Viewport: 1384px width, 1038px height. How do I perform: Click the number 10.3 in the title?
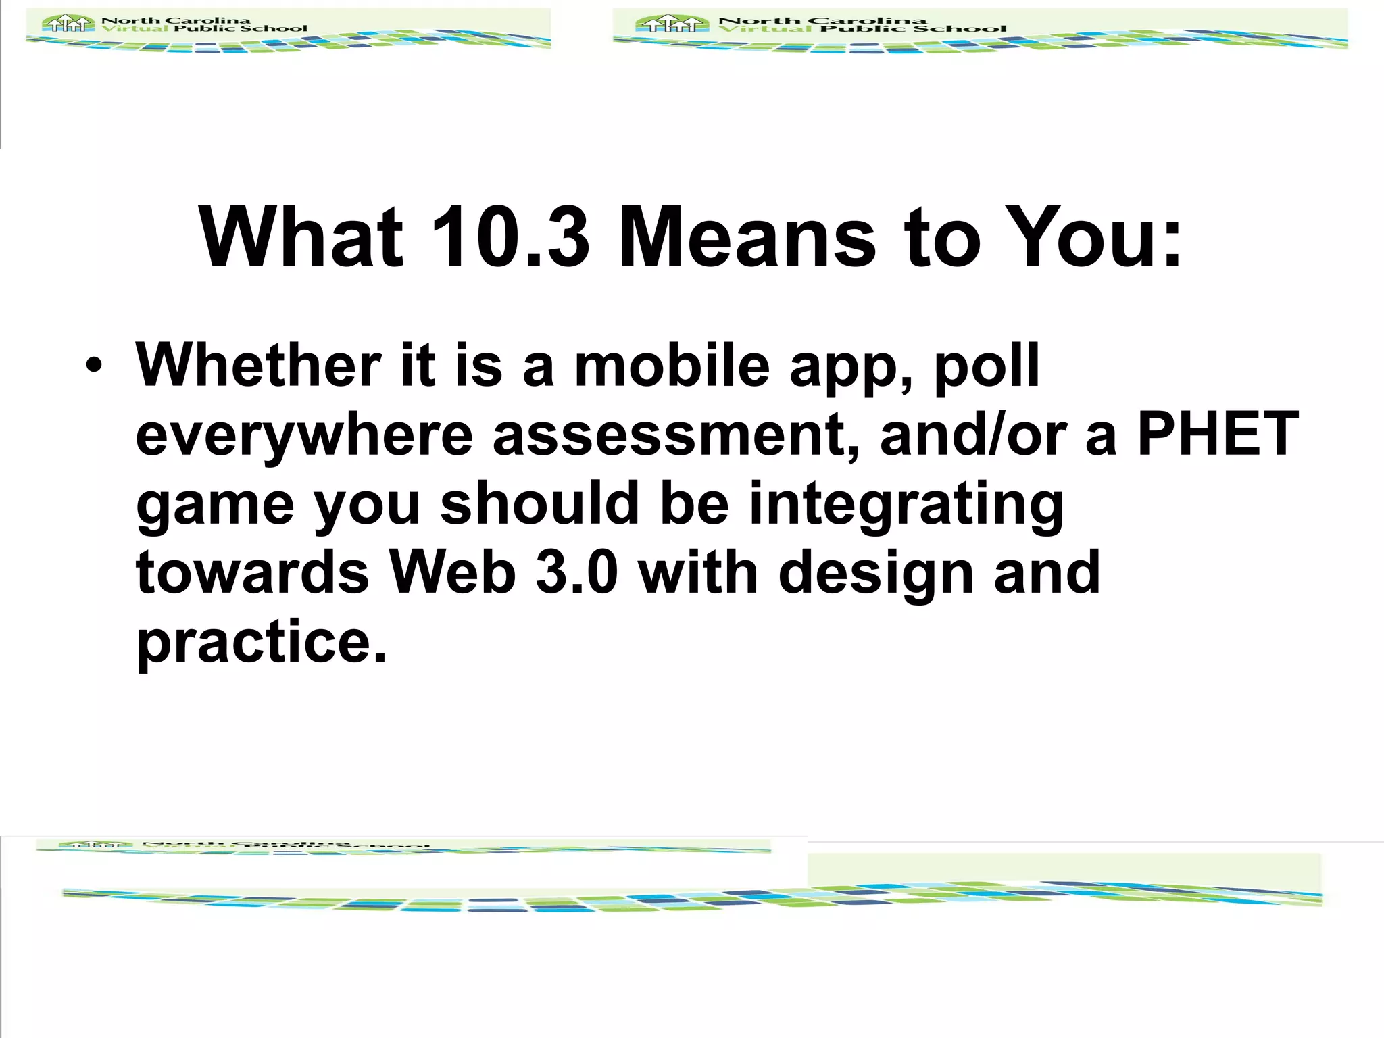coord(510,237)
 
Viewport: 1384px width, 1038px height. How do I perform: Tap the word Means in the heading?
coord(747,237)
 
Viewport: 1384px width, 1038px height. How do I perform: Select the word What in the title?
coord(301,237)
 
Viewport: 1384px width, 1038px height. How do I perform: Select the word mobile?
coord(672,366)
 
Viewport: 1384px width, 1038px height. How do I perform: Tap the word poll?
coord(986,366)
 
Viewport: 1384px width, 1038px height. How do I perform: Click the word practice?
coord(261,642)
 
